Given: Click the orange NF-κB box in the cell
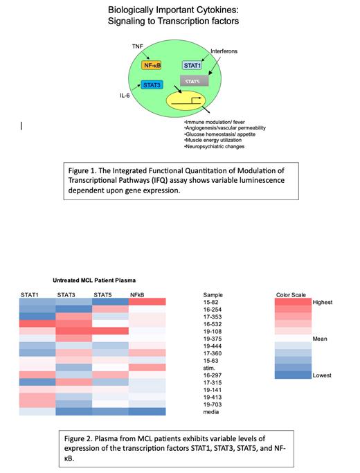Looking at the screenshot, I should point(151,65).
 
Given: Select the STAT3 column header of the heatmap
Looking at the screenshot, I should point(66,296).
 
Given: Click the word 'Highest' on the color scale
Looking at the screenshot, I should point(323,303).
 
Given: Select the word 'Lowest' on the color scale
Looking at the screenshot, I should point(322,375).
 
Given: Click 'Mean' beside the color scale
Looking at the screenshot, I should point(319,339).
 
